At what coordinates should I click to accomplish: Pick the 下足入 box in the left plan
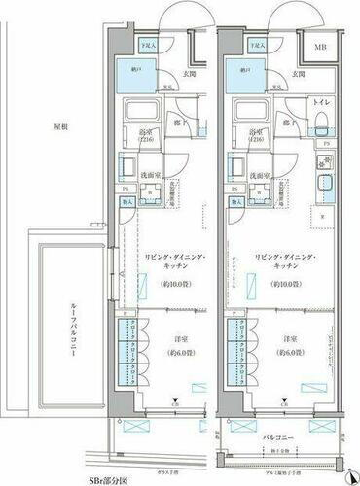[x=148, y=45]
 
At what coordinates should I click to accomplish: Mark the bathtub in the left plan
[x=148, y=108]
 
